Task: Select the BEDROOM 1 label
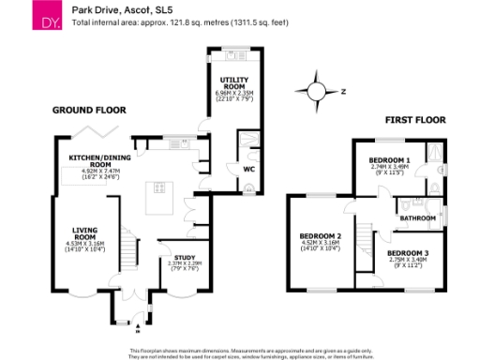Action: click(386, 157)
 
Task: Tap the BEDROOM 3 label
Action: click(408, 254)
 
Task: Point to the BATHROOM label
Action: click(417, 218)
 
